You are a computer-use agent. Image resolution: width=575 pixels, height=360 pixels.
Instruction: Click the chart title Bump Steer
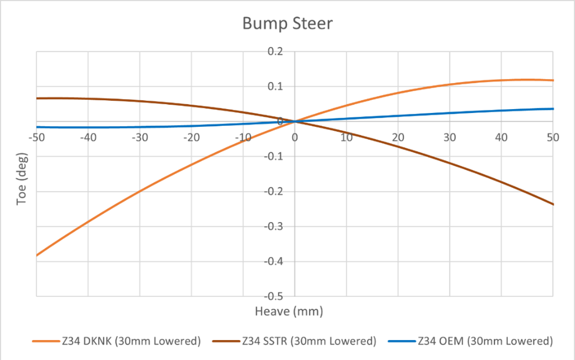(x=287, y=24)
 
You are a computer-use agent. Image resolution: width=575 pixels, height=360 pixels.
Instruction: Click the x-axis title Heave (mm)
(x=288, y=311)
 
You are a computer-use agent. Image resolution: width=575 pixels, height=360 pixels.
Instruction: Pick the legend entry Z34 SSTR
(x=309, y=341)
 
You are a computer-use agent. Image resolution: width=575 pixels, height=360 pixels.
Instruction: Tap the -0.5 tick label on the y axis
(x=274, y=296)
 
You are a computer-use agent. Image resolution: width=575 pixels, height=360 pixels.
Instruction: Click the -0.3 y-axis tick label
(x=274, y=226)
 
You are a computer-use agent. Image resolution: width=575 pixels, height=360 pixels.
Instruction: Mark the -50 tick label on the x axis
(x=37, y=137)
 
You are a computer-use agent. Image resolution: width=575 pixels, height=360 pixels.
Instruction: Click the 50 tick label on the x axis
(x=552, y=137)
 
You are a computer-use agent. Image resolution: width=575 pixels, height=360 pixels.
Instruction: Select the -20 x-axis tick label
(x=191, y=137)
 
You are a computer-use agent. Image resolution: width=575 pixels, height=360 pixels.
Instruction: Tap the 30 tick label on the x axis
(x=449, y=137)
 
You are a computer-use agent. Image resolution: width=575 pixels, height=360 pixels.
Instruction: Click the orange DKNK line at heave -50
(x=37, y=255)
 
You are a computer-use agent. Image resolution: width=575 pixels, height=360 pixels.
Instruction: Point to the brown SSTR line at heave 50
(x=553, y=204)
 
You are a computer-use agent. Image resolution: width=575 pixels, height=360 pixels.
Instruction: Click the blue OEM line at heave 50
(x=553, y=109)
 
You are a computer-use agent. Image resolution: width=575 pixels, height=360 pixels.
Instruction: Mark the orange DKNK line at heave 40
(x=501, y=81)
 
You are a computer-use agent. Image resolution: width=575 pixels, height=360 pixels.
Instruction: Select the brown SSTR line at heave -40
(x=88, y=99)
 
